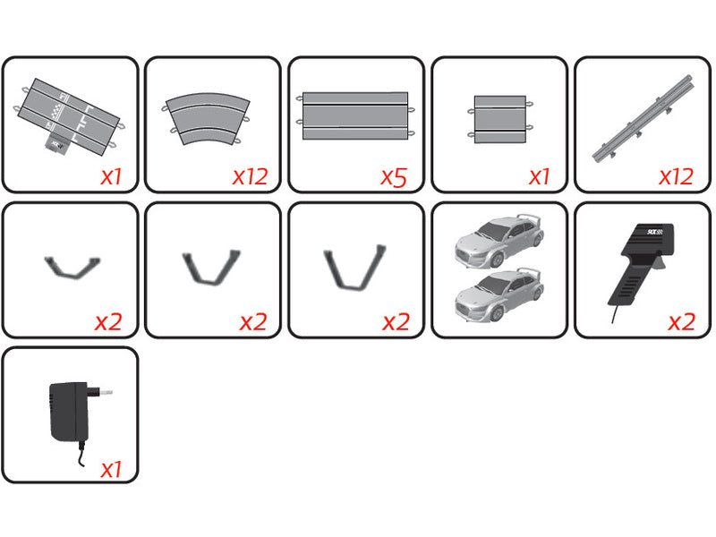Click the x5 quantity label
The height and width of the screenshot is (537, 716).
[394, 176]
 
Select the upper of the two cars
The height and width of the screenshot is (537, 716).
[495, 238]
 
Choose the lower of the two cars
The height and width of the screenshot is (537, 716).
[495, 294]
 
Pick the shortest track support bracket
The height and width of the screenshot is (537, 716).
[72, 266]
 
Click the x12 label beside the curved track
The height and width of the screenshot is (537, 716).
[250, 176]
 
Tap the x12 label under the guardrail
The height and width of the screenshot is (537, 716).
[676, 176]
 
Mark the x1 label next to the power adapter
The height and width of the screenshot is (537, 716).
[110, 468]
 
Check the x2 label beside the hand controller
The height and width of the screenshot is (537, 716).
[681, 322]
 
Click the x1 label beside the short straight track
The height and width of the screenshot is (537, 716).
[539, 176]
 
